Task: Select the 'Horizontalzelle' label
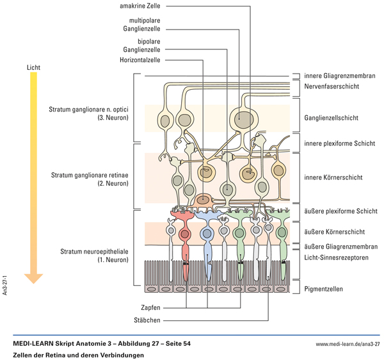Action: (x=140, y=60)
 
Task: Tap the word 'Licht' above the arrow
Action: (x=34, y=66)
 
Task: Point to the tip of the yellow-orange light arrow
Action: (x=34, y=281)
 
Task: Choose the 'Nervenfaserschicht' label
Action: (x=332, y=85)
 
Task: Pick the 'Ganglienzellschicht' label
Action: (x=331, y=118)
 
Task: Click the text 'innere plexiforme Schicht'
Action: (x=339, y=143)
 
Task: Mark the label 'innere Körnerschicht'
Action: (x=333, y=177)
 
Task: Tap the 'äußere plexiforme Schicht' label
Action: (x=340, y=211)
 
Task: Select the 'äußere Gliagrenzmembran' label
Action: (x=340, y=246)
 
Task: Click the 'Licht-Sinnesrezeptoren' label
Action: (x=336, y=258)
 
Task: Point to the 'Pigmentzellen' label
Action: (x=323, y=289)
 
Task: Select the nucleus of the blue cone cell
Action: (x=206, y=233)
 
